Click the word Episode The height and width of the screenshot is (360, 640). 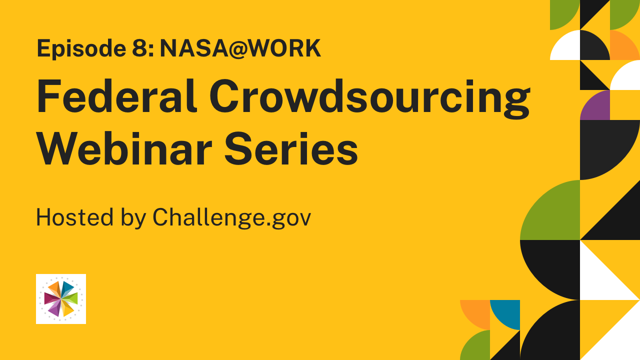click(81, 49)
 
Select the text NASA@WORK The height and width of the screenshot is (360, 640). click(240, 48)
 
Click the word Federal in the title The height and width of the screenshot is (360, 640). click(116, 96)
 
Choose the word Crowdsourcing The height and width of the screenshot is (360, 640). click(369, 98)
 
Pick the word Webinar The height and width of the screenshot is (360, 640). click(124, 148)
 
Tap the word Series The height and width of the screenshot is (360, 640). click(291, 148)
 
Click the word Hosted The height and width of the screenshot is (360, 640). click(75, 217)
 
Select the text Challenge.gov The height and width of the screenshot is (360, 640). click(231, 217)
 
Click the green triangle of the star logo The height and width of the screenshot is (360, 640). click(71, 298)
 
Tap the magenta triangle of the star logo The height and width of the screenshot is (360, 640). click(51, 298)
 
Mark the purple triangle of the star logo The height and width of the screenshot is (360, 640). click(55, 309)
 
